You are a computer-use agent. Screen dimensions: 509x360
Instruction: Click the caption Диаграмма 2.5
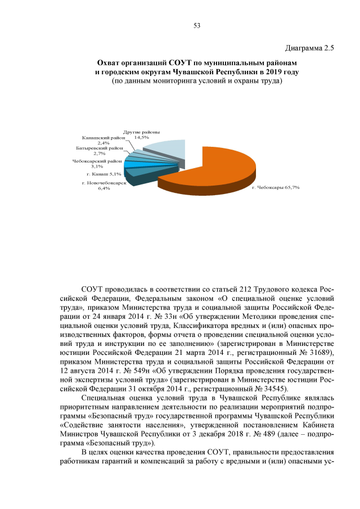(x=310, y=49)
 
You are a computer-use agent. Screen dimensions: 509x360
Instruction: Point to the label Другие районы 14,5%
(x=138, y=134)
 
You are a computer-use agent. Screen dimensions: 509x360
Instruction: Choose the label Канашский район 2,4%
(x=103, y=140)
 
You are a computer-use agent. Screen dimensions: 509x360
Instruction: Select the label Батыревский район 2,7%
(x=100, y=150)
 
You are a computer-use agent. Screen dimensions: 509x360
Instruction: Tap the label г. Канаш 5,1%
(x=102, y=174)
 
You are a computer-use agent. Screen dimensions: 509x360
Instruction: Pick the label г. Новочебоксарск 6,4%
(x=104, y=186)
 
